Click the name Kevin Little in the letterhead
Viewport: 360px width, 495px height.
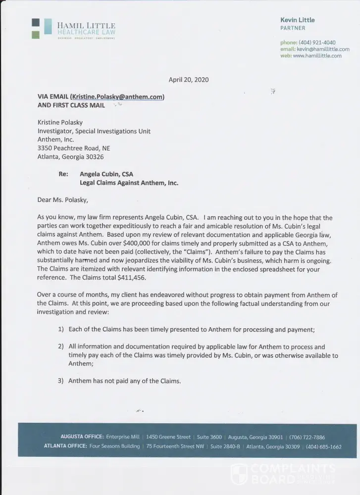point(297,20)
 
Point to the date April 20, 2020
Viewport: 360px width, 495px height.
point(189,79)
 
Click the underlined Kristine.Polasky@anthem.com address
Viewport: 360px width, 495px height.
point(117,97)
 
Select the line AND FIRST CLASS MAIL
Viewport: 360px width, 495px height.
point(71,105)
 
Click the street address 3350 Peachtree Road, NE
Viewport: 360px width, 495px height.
point(74,148)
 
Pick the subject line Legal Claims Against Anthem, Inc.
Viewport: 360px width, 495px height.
point(129,183)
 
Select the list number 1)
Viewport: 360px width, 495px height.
point(61,329)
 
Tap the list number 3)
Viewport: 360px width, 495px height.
point(61,381)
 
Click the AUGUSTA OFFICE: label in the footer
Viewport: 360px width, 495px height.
point(82,437)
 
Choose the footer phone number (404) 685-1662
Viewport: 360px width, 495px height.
point(324,446)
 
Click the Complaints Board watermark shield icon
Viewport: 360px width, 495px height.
point(239,474)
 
